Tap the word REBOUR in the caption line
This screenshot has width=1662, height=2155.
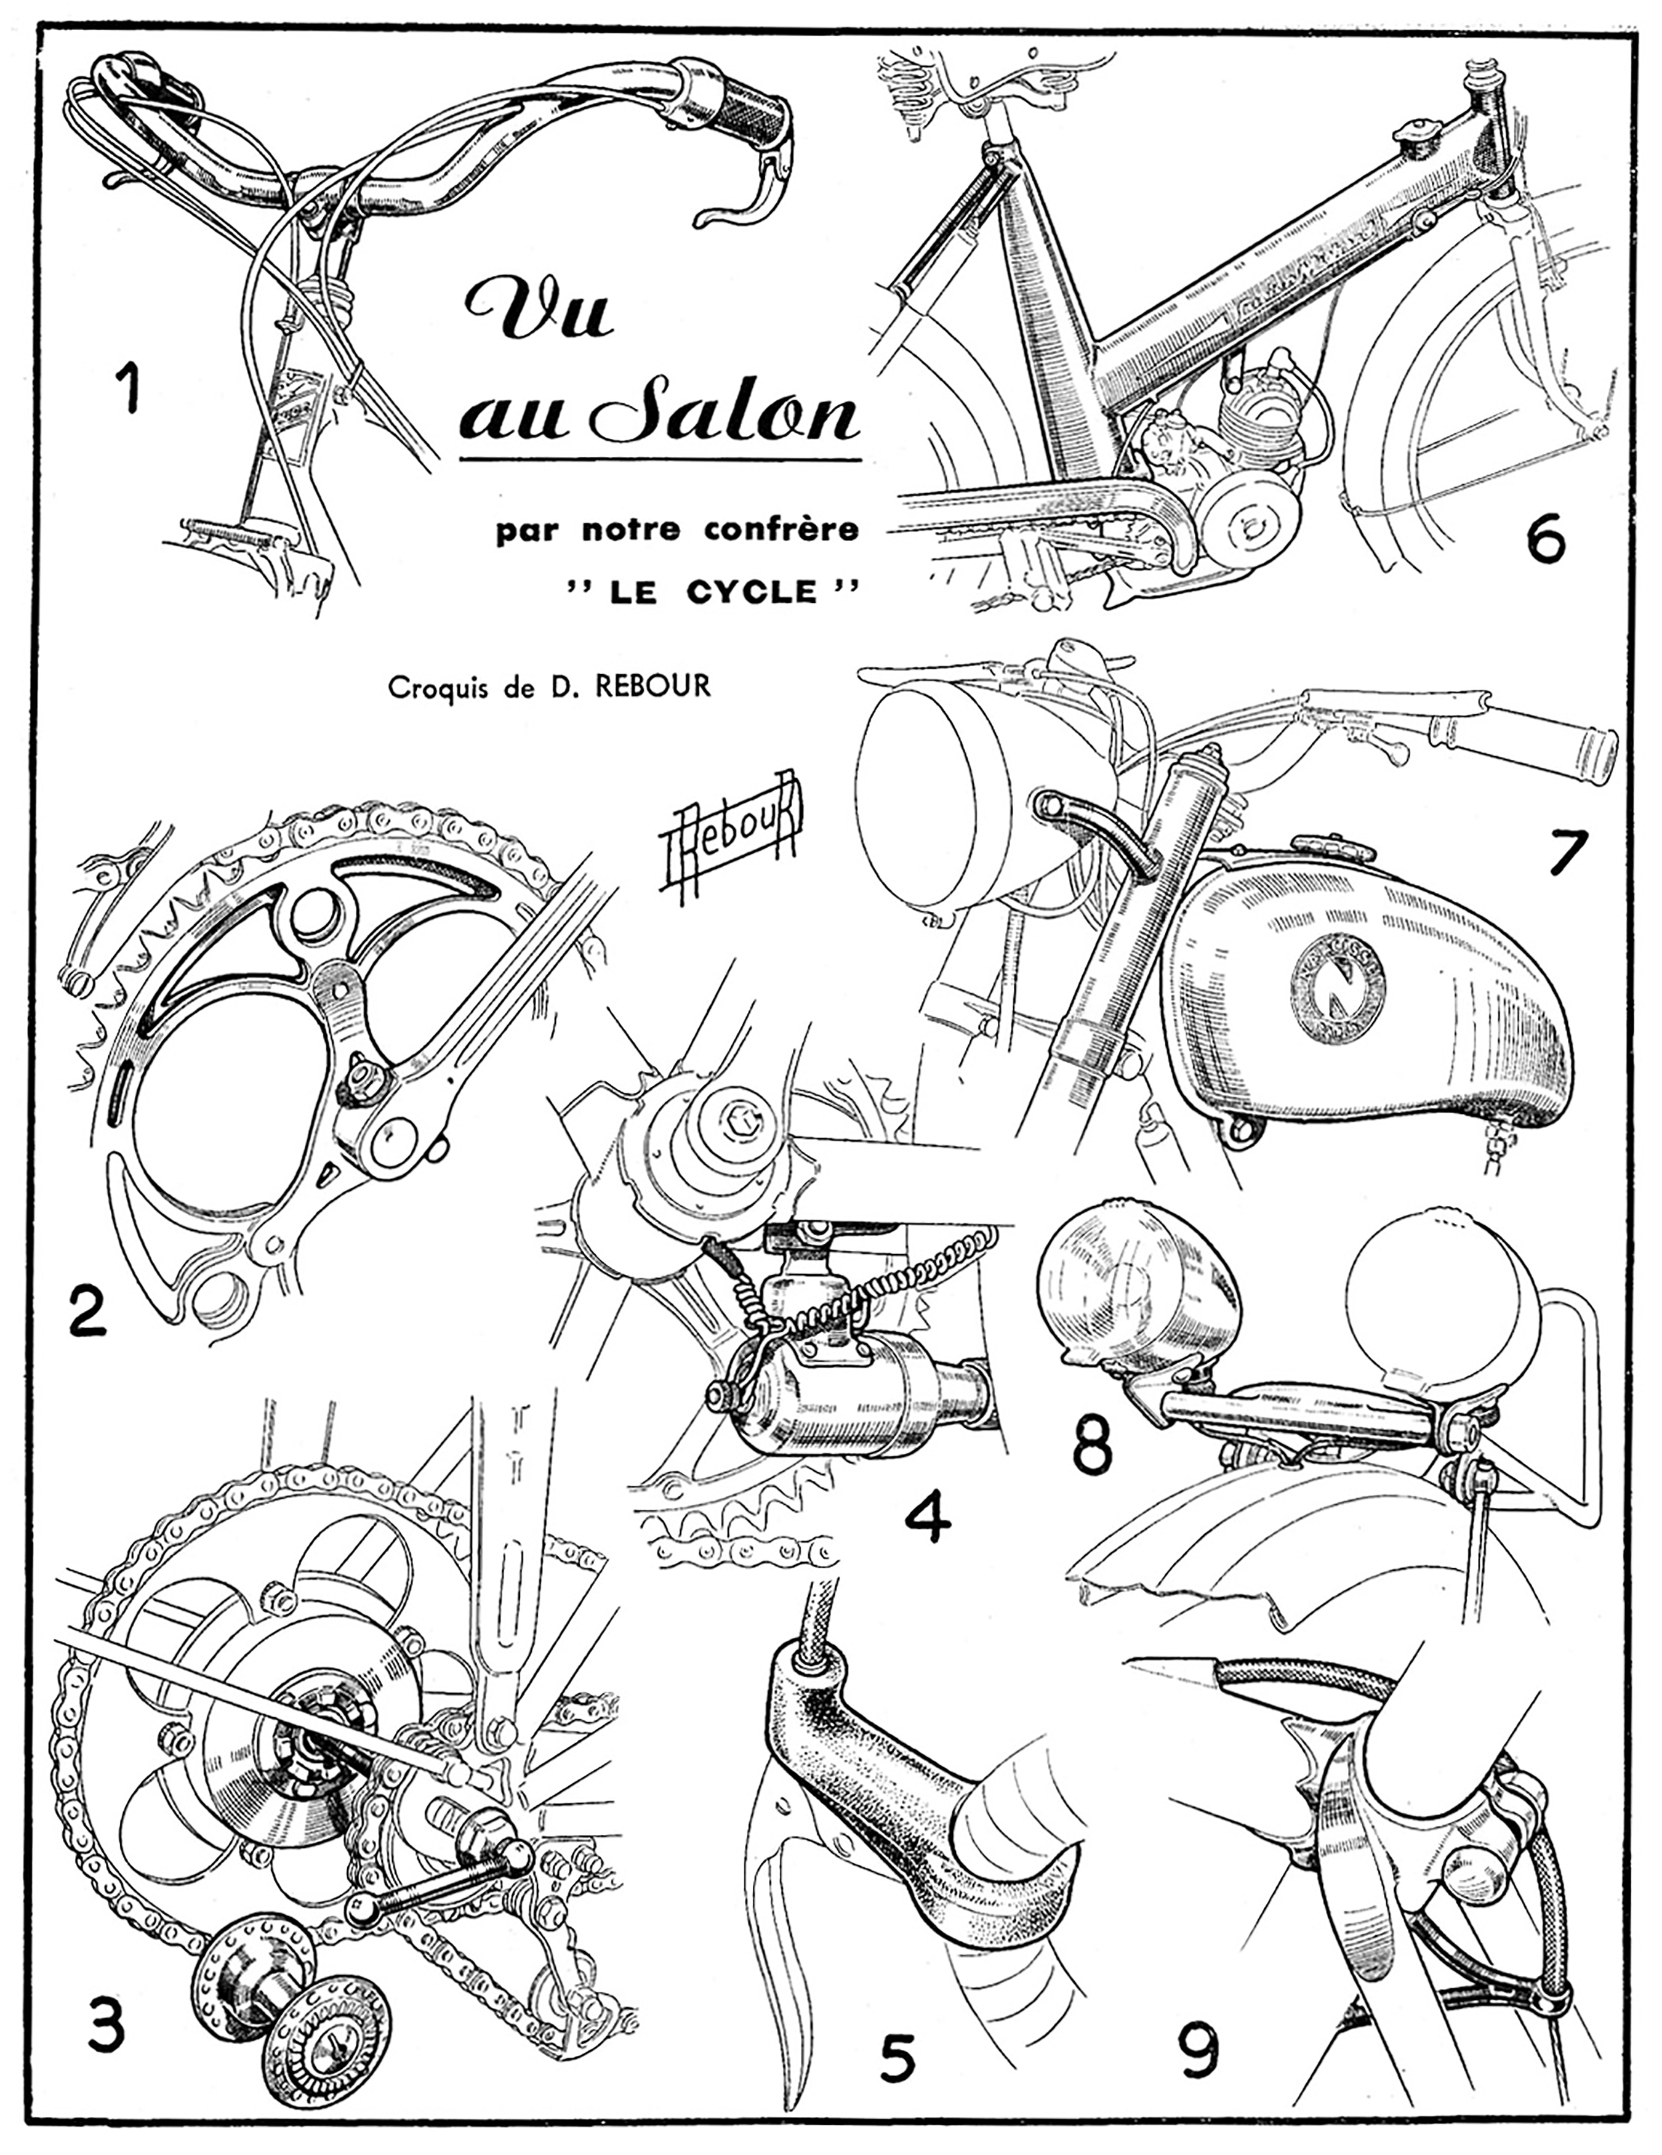[652, 686]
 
